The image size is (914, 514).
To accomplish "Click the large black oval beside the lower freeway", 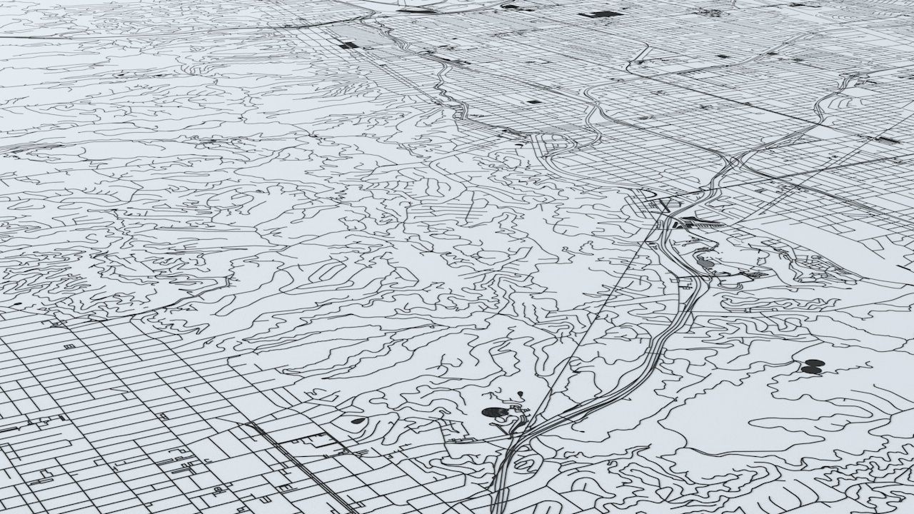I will click(x=493, y=412).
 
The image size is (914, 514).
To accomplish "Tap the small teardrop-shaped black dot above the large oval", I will click(x=520, y=393).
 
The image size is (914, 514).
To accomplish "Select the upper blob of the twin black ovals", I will click(x=815, y=363).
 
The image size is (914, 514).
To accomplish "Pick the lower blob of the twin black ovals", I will click(x=810, y=370).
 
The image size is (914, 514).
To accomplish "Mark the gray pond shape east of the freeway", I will click(x=705, y=263).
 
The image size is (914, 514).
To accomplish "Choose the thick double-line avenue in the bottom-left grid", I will click(x=300, y=457).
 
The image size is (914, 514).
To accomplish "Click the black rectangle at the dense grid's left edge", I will click(x=348, y=45).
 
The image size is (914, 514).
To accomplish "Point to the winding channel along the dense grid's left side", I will click(x=446, y=89).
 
